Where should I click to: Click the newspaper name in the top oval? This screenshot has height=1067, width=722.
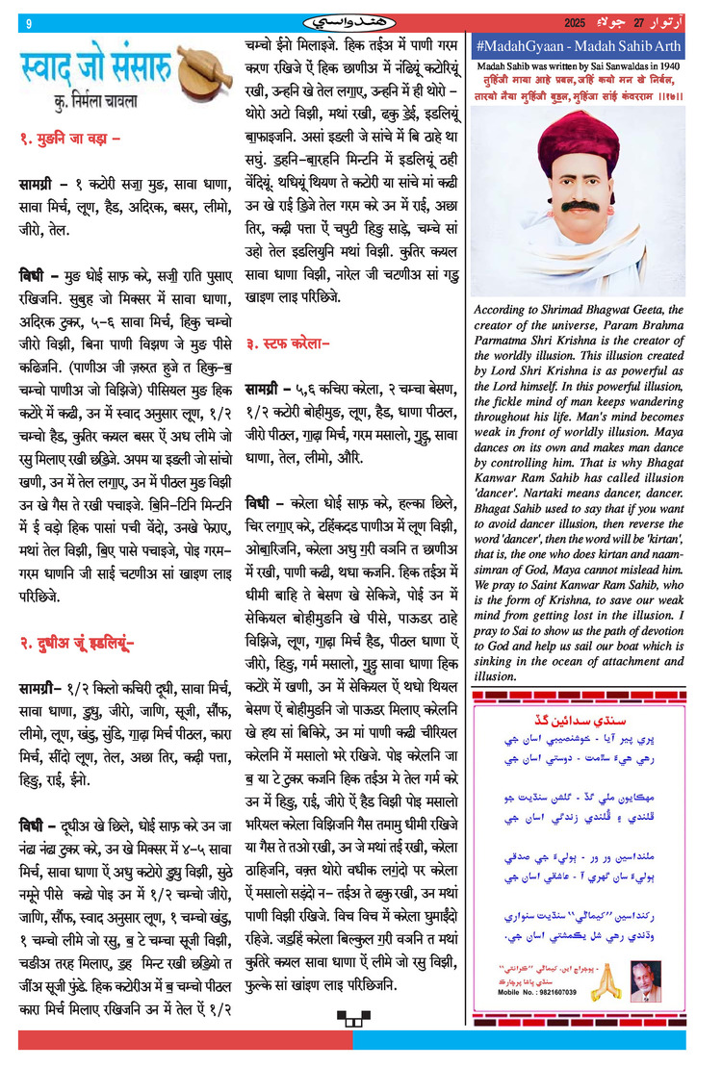361,20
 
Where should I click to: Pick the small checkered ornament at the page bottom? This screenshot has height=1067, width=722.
348,1017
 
